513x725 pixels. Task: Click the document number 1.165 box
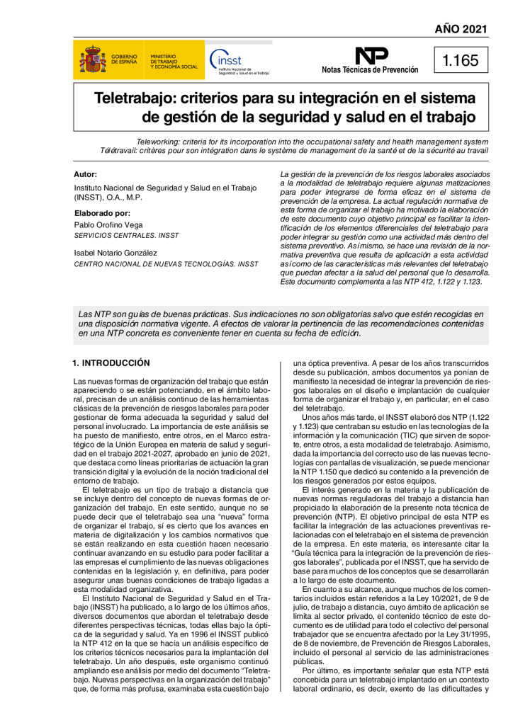coord(461,61)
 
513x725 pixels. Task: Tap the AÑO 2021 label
coord(461,29)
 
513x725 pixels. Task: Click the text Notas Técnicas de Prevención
coord(370,70)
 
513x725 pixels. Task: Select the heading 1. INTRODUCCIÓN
coord(111,362)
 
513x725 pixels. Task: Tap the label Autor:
coord(86,174)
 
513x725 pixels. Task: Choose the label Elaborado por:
coord(102,212)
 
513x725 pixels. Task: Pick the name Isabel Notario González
coord(125,252)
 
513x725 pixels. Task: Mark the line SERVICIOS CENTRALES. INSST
coord(127,235)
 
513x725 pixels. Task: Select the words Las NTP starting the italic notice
coord(94,313)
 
